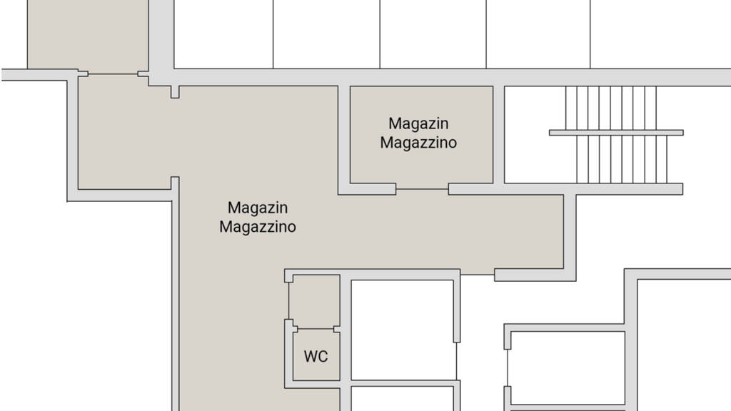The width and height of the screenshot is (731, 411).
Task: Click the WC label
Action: point(316,356)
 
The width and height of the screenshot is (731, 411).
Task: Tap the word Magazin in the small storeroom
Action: point(418,123)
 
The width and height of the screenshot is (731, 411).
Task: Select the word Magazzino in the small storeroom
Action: point(418,142)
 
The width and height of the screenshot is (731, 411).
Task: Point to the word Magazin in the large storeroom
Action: point(257,208)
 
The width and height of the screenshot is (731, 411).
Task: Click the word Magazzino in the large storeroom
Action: point(257,227)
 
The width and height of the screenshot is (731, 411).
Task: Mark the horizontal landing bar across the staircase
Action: point(615,133)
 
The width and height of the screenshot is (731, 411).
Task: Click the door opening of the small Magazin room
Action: point(422,189)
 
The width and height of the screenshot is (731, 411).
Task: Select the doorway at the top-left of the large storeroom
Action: point(113,73)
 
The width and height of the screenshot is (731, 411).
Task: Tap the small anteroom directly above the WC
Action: point(314,300)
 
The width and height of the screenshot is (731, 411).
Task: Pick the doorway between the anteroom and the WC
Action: point(314,328)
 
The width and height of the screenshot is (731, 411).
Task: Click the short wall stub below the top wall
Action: point(175,92)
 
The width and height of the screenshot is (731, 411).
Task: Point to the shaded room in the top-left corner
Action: point(87,34)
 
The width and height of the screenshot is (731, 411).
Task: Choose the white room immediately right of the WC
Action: point(403,329)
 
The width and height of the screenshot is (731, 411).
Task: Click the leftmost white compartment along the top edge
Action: point(223,34)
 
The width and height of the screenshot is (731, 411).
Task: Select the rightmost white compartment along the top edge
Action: point(660,34)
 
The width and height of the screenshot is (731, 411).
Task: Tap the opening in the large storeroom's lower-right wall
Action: point(478,274)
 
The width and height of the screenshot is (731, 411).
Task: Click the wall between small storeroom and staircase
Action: point(499,134)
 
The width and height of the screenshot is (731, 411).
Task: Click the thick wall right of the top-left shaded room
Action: point(161,36)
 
